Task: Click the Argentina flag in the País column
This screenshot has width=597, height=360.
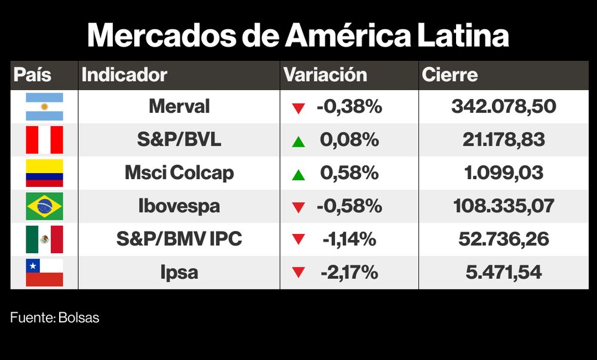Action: tap(44, 107)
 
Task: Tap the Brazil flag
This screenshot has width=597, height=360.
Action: tap(44, 207)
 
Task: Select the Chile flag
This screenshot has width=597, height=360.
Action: tap(44, 273)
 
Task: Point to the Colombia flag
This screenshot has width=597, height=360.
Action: tap(44, 173)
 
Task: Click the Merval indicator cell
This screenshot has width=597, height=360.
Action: tap(179, 107)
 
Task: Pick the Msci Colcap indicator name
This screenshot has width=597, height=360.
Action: tap(179, 173)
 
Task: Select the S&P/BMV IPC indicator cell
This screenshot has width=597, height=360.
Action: tap(179, 239)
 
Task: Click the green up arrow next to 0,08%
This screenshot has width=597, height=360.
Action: tap(298, 141)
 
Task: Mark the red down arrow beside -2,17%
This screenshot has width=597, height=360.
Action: tap(298, 273)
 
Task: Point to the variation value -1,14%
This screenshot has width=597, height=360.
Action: tap(349, 239)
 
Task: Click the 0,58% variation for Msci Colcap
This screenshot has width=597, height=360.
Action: tap(349, 173)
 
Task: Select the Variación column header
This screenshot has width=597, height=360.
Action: tap(325, 75)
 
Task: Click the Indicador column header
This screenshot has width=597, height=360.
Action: tap(124, 75)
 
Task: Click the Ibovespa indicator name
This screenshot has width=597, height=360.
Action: tap(179, 207)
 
